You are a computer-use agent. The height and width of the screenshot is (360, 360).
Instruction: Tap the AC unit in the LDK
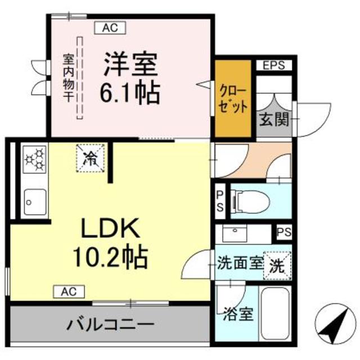coord(69,291)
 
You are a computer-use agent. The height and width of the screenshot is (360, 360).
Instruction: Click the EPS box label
coord(274,65)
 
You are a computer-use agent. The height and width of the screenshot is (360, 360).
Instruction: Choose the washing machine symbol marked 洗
coord(277,264)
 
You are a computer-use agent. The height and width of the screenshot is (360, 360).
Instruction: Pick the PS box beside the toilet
coord(220,201)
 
